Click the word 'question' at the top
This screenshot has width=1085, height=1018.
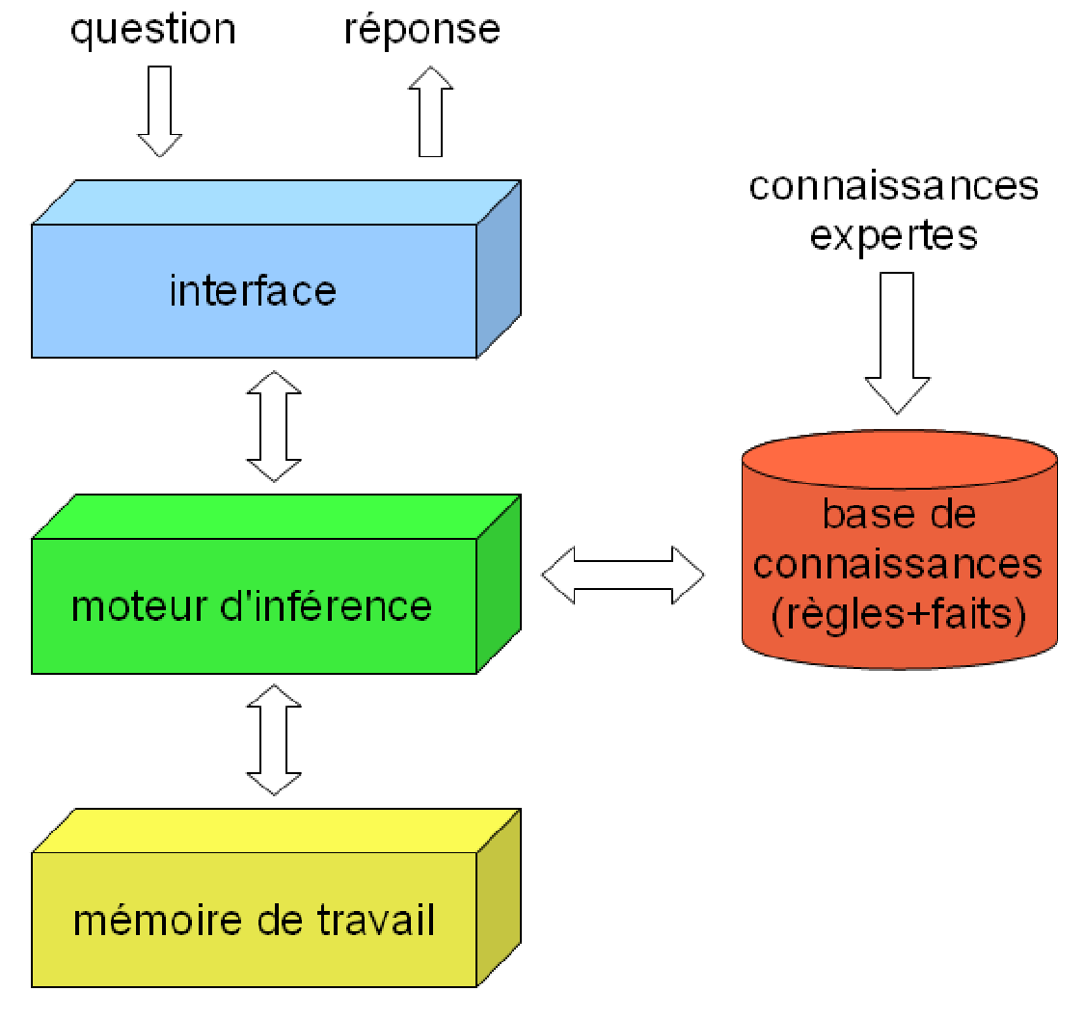coord(153,31)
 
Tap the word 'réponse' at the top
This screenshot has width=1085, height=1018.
coord(422,30)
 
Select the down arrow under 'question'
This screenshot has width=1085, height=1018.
coord(160,112)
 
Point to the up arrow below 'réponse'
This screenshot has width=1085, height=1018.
coord(430,112)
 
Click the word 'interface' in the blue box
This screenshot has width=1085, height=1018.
coord(253,290)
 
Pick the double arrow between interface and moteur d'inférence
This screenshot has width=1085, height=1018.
coord(274,426)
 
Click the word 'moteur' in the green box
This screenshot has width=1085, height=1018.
coord(139,606)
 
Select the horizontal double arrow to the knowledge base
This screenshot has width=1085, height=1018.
coord(623,575)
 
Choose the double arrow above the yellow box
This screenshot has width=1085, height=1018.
coord(274,740)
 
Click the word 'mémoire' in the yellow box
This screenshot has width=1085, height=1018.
coord(158,921)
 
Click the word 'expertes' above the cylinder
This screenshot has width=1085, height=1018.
coord(893,237)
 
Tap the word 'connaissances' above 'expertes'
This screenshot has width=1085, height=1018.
coord(894,186)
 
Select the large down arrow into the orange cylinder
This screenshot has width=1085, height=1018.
coord(898,343)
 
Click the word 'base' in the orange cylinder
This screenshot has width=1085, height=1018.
coord(861,515)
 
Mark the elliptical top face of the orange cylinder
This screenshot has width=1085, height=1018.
coord(900,459)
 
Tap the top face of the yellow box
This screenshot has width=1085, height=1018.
coord(277,831)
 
